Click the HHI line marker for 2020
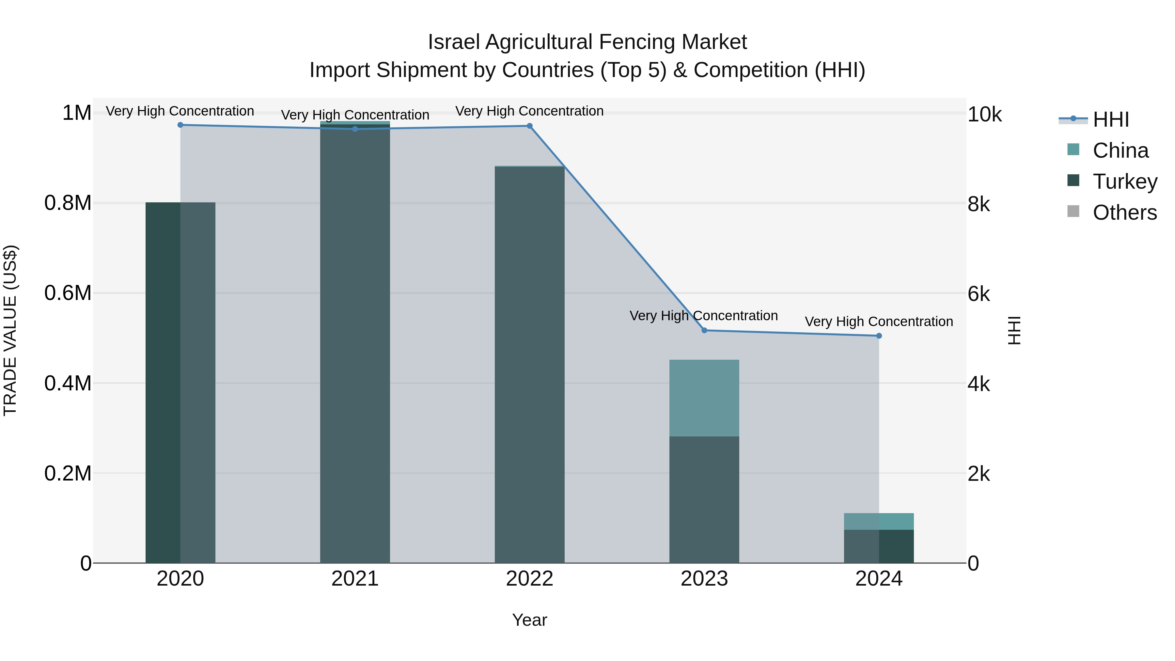(180, 125)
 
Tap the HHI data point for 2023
(704, 330)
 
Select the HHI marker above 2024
(879, 336)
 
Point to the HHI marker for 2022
(530, 126)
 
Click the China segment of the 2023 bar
(704, 398)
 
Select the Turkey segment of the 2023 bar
(704, 499)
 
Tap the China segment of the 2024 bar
(879, 521)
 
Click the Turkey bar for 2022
(530, 365)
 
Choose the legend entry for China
(1120, 150)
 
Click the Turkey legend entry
(1124, 181)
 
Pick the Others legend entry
(1124, 212)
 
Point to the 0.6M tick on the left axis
(68, 293)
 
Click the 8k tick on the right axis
(979, 204)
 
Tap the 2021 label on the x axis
(355, 579)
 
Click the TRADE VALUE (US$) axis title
(10, 330)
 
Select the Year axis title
(530, 620)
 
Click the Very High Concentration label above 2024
(879, 322)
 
